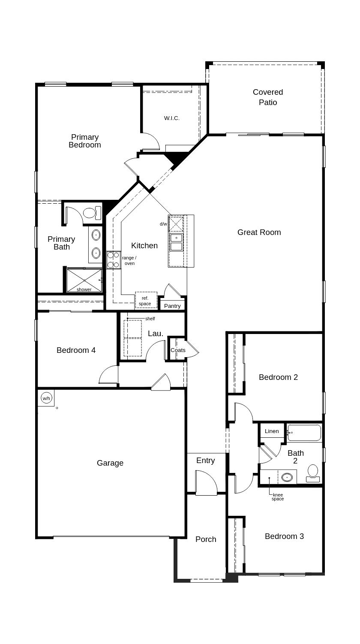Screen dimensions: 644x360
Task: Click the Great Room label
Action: pyautogui.click(x=259, y=232)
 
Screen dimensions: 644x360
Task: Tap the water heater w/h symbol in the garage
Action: pyautogui.click(x=46, y=398)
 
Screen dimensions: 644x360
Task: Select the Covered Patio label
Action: pyautogui.click(x=268, y=97)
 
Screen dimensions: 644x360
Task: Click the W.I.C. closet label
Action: pyautogui.click(x=171, y=118)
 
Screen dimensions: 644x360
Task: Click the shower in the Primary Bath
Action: pyautogui.click(x=84, y=280)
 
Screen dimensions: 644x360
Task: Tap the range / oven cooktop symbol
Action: pyautogui.click(x=113, y=260)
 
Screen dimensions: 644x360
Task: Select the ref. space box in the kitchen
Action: pyautogui.click(x=146, y=301)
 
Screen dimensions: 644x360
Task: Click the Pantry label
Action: pyautogui.click(x=172, y=306)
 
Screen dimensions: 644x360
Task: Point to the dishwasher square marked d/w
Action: pyautogui.click(x=176, y=224)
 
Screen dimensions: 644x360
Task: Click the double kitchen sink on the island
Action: pyautogui.click(x=176, y=242)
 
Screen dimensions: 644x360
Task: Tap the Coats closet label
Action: pyautogui.click(x=178, y=350)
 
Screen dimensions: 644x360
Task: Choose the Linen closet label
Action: pyautogui.click(x=272, y=431)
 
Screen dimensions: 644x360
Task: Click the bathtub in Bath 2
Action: pyautogui.click(x=304, y=433)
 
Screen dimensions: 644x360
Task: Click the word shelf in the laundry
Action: pyautogui.click(x=150, y=319)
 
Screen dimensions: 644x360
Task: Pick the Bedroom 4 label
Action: pyautogui.click(x=76, y=350)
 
